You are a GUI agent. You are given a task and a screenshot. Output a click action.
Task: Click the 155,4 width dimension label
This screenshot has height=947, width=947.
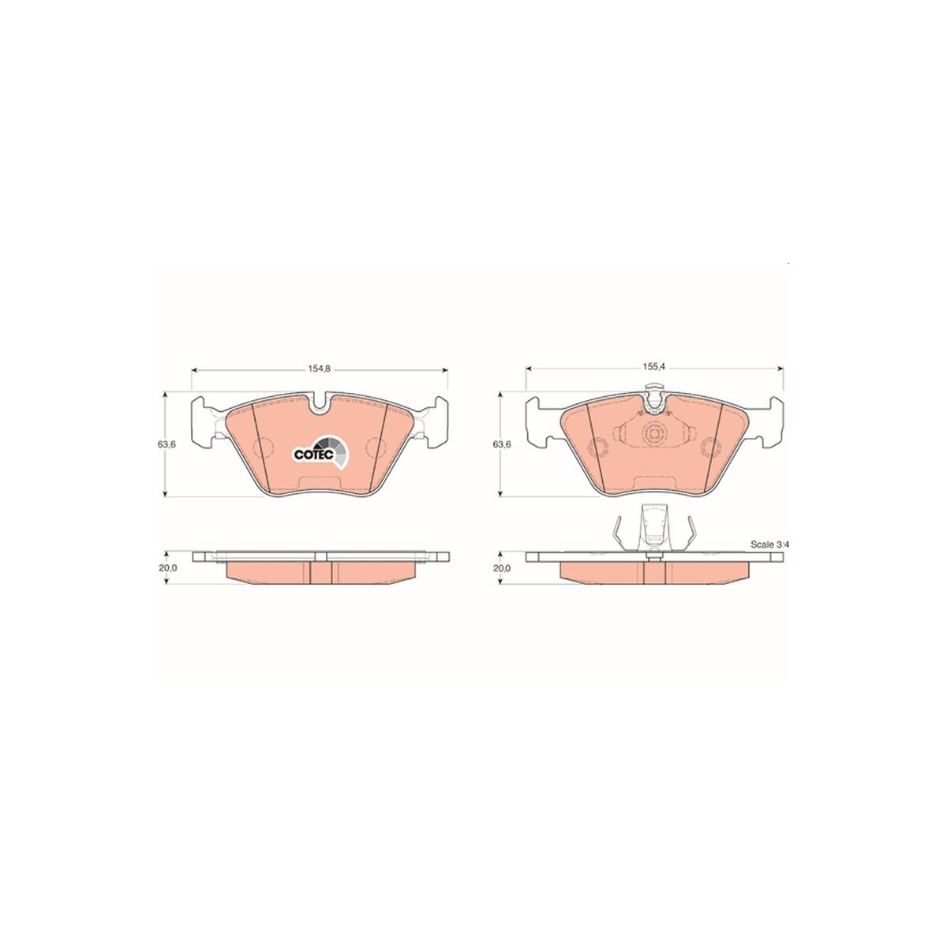point(653,367)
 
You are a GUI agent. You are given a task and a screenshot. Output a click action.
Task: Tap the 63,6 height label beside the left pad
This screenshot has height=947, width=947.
point(167,444)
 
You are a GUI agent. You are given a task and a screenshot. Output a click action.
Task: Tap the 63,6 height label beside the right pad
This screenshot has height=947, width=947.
point(502,444)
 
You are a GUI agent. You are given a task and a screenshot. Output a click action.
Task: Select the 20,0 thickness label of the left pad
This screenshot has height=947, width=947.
point(167,568)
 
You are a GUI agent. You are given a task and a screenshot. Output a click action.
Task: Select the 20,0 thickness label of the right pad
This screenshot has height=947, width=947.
point(502,568)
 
